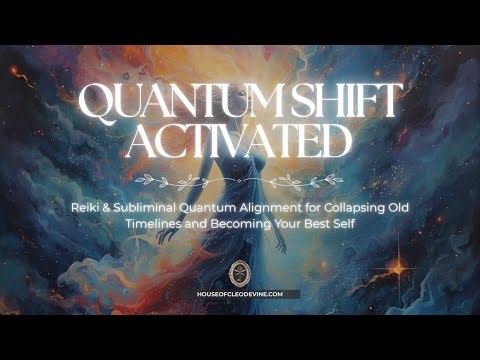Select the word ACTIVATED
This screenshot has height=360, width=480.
(x=240, y=145)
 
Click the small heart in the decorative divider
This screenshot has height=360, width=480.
(x=240, y=182)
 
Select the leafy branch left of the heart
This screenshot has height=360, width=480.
(x=205, y=182)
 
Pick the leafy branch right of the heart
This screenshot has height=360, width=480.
(x=275, y=182)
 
